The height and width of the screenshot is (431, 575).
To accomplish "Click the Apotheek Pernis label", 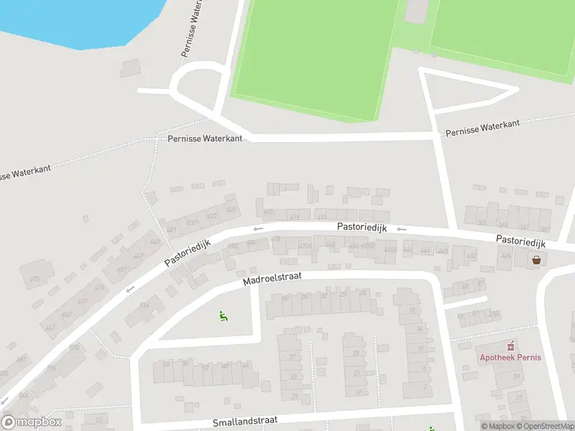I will pos(511,358).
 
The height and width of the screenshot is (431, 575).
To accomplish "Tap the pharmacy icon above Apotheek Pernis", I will pos(511,346).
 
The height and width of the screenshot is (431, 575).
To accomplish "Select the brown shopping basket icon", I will pos(536,260).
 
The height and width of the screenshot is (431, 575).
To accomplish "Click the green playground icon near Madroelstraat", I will pos(223,315).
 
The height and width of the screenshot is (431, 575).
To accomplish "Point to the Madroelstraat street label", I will pos(272,278).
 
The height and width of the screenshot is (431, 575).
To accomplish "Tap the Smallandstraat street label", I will pos(245,420).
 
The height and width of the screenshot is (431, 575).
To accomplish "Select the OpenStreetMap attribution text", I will pos(547,427).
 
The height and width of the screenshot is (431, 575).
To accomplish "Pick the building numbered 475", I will pos(34,279).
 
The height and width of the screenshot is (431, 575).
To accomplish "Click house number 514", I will pos(144,305).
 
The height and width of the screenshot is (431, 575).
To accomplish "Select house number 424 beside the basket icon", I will pos(506,256).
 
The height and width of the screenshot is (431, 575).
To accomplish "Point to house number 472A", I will pos(305,246).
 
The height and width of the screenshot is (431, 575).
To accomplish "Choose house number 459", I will pos(82,302).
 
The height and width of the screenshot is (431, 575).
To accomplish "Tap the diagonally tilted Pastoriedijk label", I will pos(187,253).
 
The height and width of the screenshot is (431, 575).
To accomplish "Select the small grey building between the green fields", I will pos(416,10).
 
